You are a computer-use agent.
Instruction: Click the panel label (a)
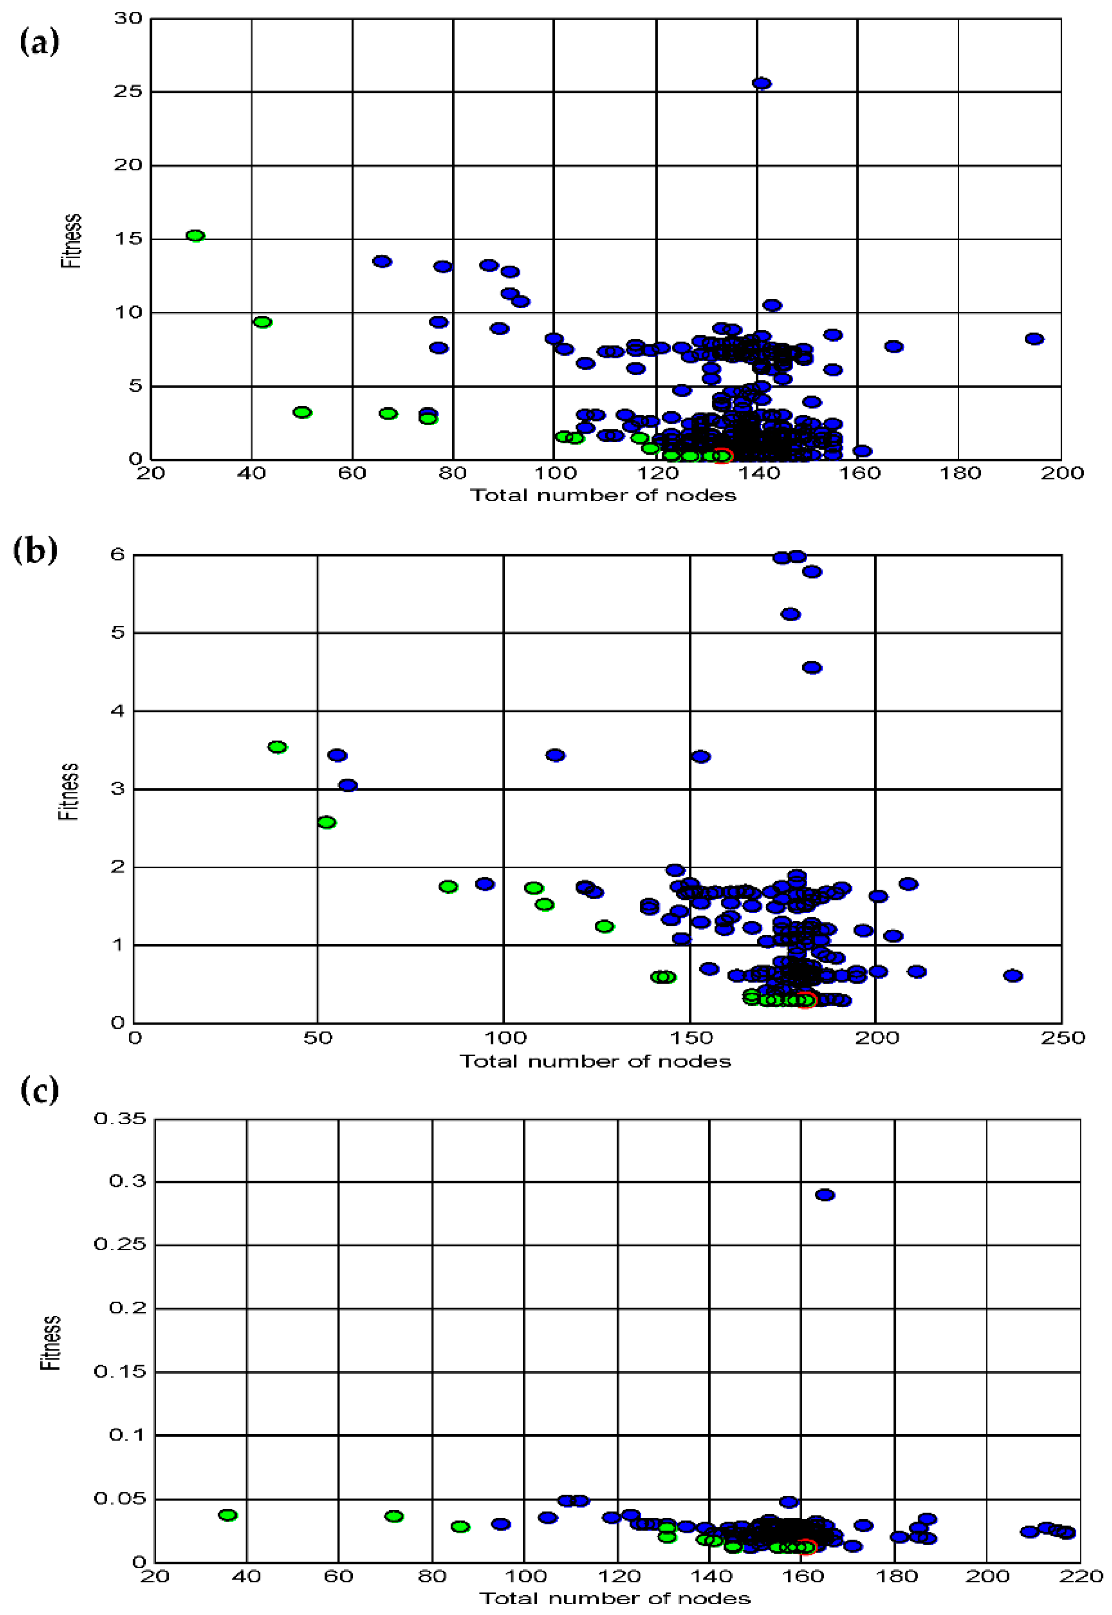[x=40, y=43]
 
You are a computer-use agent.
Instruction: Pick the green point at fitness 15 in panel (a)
[x=195, y=236]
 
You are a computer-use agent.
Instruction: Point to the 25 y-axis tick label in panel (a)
[x=128, y=91]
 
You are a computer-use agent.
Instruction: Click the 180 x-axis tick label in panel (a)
[x=960, y=473]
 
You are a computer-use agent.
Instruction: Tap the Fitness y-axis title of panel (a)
[x=71, y=241]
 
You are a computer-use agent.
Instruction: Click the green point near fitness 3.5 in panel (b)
[x=277, y=747]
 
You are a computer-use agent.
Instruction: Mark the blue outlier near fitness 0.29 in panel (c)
[x=825, y=1194]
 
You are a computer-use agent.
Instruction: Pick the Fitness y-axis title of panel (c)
[x=51, y=1343]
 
